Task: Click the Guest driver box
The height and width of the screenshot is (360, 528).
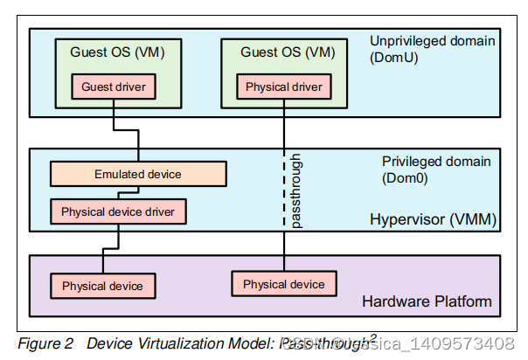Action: click(113, 87)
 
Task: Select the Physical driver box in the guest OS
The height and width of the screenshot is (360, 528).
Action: click(283, 87)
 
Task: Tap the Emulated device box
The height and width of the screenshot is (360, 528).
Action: click(137, 174)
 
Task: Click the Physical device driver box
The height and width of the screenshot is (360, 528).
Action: click(117, 211)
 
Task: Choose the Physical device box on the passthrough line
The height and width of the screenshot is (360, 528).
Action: click(283, 284)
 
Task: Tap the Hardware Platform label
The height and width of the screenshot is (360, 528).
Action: click(427, 302)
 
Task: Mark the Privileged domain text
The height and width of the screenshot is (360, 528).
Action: click(436, 161)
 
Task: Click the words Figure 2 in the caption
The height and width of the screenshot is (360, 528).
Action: click(45, 343)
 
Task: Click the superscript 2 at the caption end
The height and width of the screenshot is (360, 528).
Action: click(373, 336)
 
